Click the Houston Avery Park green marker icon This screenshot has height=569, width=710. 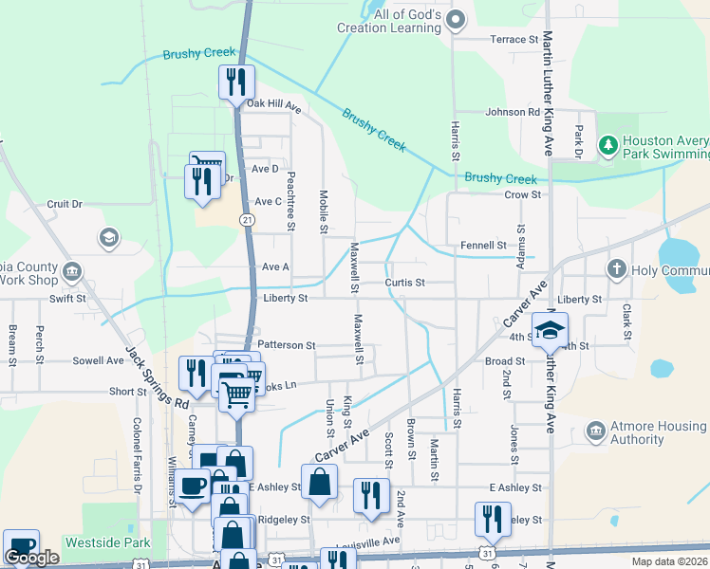[608, 145]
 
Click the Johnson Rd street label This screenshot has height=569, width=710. [513, 112]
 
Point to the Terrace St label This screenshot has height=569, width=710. [514, 39]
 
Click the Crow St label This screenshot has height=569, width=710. [522, 194]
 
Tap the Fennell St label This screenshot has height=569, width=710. [483, 245]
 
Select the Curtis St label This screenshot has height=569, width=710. [404, 283]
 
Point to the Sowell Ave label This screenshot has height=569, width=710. [99, 360]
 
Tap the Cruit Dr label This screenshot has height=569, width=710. [65, 204]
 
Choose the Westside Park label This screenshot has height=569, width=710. [107, 543]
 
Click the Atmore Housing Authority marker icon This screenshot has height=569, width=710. [595, 432]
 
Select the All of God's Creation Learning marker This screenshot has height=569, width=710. [456, 18]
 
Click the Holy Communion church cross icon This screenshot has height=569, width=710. [616, 269]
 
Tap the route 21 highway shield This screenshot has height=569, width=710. [247, 219]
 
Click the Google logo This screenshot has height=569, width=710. [31, 558]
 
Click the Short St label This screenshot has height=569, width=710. [127, 391]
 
